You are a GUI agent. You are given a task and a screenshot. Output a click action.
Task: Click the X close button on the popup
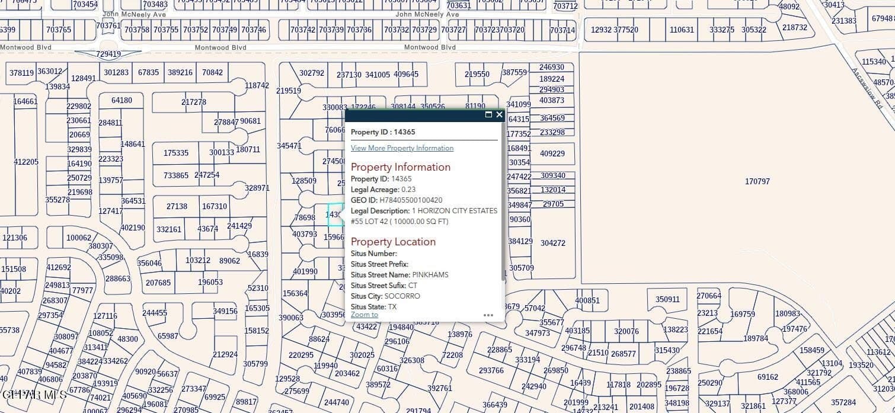point(499,114)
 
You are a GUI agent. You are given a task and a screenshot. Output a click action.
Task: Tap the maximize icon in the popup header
point(488,114)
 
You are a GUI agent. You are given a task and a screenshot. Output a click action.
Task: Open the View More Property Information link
point(402,148)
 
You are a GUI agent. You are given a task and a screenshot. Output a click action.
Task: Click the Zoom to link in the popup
point(364,315)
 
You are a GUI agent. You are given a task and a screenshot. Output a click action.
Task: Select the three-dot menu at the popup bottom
point(488,315)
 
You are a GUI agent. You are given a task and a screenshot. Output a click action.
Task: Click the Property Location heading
point(393,242)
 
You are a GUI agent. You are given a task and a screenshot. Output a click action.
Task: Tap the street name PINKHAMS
point(430,275)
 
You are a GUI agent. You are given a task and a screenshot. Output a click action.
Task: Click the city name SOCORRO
point(402,296)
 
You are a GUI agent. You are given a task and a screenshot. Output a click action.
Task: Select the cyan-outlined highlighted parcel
point(335,214)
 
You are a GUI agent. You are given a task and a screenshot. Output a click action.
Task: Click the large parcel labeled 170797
point(757,181)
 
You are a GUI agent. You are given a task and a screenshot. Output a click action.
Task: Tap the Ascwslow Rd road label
point(868,88)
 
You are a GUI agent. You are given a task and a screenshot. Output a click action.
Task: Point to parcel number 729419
point(108,55)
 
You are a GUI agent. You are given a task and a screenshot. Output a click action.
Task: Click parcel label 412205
point(26,162)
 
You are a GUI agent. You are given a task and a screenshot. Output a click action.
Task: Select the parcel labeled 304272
point(553,243)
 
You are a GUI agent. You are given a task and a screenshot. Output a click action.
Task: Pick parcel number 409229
point(552,153)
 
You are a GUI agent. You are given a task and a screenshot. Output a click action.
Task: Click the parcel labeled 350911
point(667,300)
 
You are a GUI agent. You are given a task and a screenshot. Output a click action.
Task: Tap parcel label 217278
point(194,102)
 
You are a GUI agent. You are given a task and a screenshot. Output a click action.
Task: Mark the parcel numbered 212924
point(225,354)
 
